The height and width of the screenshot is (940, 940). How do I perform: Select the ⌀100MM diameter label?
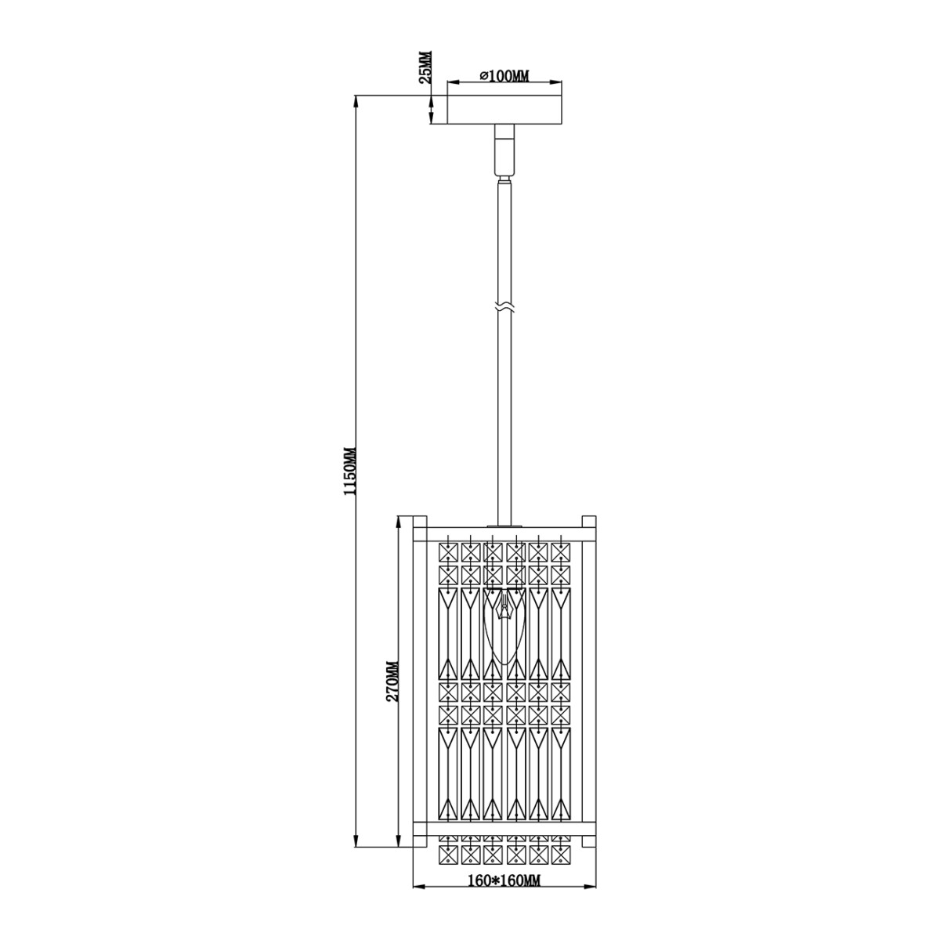click(x=504, y=76)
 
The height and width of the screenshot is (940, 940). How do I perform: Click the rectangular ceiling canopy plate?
click(x=504, y=110)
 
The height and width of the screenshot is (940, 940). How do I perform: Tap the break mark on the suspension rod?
click(x=504, y=306)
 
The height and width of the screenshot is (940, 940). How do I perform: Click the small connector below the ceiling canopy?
click(x=504, y=149)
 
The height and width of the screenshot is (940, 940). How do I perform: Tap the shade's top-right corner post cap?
click(x=589, y=522)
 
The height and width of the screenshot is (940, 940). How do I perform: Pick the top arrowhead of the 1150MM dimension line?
click(x=357, y=100)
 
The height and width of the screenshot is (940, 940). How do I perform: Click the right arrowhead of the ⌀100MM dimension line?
click(x=559, y=81)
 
